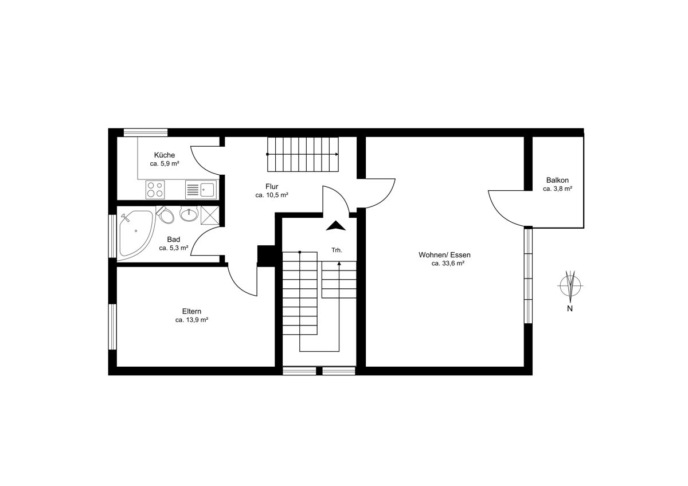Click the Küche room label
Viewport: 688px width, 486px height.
click(x=165, y=155)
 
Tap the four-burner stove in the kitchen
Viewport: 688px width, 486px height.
click(x=155, y=190)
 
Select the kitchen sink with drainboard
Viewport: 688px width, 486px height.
click(x=201, y=190)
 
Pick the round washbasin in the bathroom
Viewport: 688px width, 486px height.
click(x=189, y=213)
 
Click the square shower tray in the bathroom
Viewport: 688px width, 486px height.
click(x=210, y=215)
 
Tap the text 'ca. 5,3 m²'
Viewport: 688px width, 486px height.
click(x=174, y=248)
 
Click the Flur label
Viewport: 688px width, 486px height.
click(x=272, y=186)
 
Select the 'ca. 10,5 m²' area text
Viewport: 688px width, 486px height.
click(x=272, y=195)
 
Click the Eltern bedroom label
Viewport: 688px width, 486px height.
click(x=191, y=311)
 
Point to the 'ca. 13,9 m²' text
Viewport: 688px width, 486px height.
click(x=191, y=320)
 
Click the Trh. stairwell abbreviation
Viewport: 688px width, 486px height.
click(x=337, y=250)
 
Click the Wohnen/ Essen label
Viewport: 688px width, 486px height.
click(x=444, y=255)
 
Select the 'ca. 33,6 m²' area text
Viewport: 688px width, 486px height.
click(x=448, y=264)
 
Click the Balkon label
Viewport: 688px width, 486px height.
click(x=557, y=180)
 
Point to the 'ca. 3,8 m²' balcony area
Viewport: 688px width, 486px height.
click(x=557, y=189)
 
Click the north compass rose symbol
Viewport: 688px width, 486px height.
click(x=570, y=286)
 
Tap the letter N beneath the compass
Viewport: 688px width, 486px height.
click(x=570, y=308)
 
